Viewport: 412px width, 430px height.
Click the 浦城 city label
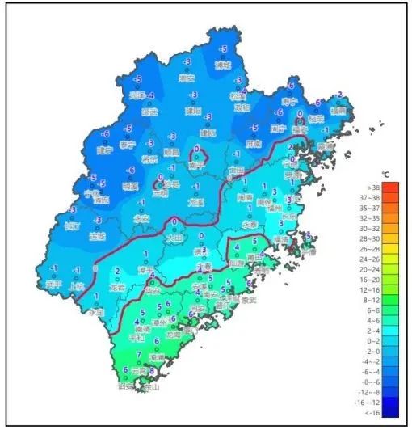click(222, 65)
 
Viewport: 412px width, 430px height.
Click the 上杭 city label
click(77, 285)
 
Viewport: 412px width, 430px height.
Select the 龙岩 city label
click(118, 285)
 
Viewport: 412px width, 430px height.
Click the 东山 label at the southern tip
click(148, 389)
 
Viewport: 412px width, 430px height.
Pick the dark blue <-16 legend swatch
click(389, 411)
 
